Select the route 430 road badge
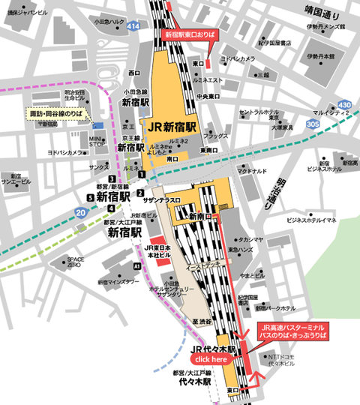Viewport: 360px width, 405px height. [x=343, y=104]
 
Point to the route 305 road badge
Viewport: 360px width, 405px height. [x=313, y=124]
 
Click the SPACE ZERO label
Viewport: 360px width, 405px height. [x=75, y=262]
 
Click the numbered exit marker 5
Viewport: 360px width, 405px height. [x=90, y=197]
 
